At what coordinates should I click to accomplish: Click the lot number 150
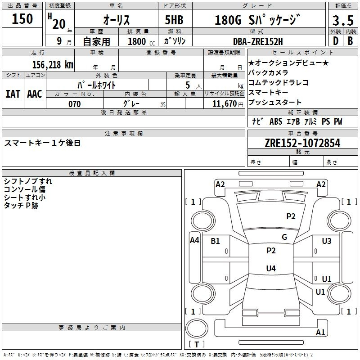pyautogui.click(x=22, y=19)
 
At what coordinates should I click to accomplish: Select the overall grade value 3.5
pyautogui.click(x=342, y=20)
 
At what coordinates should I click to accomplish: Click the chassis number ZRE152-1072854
pyautogui.click(x=302, y=144)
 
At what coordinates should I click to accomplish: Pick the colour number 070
pyautogui.click(x=75, y=104)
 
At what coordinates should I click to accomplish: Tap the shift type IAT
pyautogui.click(x=13, y=94)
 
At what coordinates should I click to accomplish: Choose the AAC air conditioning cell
pyautogui.click(x=35, y=94)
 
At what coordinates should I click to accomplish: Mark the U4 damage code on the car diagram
pyautogui.click(x=270, y=269)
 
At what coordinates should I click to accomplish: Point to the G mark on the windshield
pyautogui.click(x=284, y=237)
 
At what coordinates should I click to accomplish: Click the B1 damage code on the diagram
pyautogui.click(x=215, y=241)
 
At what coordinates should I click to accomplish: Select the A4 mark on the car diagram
pyautogui.click(x=194, y=240)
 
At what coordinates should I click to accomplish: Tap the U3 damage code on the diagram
pyautogui.click(x=327, y=241)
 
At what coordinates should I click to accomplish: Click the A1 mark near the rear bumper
pyautogui.click(x=320, y=333)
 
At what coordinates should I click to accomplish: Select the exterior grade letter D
pyautogui.click(x=335, y=41)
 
